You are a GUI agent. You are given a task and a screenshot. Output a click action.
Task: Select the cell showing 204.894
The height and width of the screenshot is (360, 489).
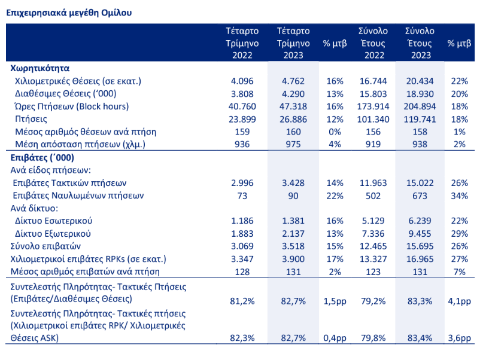coord(419,106)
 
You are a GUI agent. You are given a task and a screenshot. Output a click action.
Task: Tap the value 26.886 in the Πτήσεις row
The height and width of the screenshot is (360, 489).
coord(293,119)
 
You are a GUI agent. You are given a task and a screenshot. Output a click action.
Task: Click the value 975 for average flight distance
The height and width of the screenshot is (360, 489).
coord(293,145)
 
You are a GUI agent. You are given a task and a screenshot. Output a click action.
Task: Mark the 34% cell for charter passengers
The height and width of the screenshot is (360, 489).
coord(459,196)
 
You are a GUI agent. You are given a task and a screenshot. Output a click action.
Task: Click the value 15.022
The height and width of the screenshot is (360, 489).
coord(419,182)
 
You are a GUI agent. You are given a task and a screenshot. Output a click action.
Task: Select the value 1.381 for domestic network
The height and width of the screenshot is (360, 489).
coord(293,221)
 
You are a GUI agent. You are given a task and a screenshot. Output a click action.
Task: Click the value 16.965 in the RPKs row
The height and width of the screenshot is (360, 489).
coord(419,258)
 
